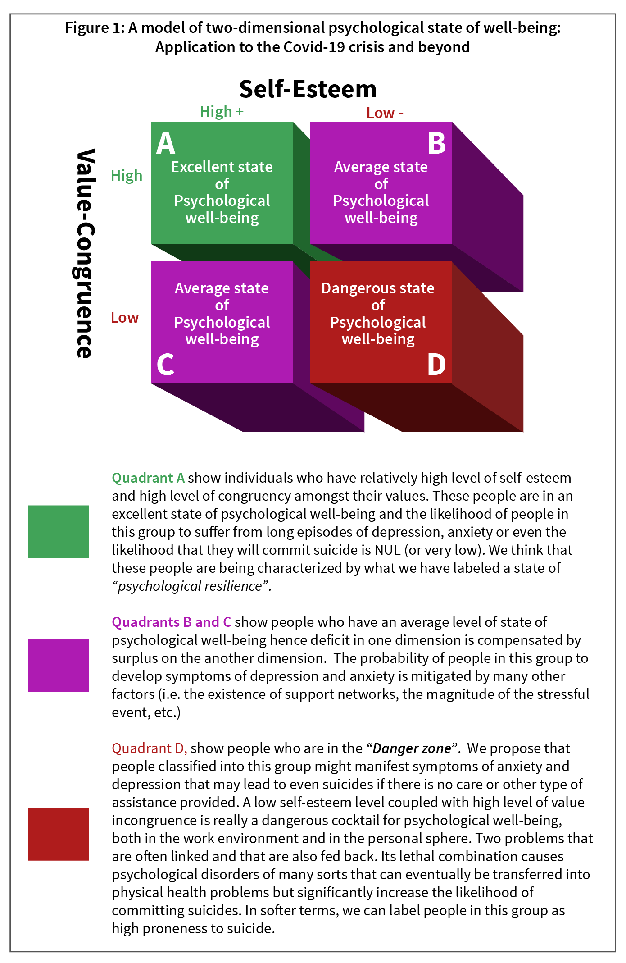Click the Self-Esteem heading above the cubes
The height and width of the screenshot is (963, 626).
[x=308, y=89]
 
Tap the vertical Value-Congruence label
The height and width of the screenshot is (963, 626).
[x=85, y=253]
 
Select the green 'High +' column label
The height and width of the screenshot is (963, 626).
[x=222, y=111]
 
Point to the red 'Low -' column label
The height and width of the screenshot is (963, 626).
[x=385, y=113]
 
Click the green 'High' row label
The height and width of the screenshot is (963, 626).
[x=127, y=175]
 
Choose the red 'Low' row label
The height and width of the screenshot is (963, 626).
[x=125, y=317]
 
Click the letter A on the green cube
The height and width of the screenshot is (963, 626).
[x=165, y=144]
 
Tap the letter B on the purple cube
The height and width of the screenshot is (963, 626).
[x=436, y=144]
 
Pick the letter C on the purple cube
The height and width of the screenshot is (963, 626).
[x=165, y=365]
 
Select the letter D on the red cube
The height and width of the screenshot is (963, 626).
[x=436, y=365]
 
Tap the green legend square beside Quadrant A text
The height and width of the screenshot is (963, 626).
[x=59, y=532]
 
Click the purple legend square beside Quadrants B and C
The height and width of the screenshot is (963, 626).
[x=59, y=665]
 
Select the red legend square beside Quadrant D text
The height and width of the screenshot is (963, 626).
[x=59, y=834]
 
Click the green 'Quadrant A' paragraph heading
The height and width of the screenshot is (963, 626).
[x=148, y=478]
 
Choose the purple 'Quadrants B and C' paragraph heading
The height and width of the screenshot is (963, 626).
[x=171, y=622]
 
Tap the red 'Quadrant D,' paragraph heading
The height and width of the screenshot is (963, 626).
[x=149, y=748]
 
